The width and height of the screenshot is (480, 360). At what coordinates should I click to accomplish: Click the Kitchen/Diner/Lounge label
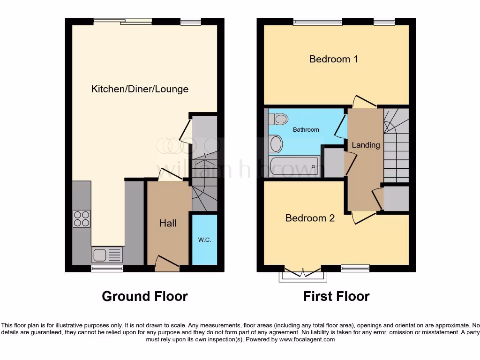coord(140,89)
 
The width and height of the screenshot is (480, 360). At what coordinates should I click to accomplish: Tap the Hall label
coord(168,223)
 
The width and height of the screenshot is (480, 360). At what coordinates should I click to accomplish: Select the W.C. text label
coord(204,240)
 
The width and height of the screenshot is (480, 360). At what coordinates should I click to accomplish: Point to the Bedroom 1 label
coord(333,59)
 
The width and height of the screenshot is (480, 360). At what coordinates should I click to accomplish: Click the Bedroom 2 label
coord(310,218)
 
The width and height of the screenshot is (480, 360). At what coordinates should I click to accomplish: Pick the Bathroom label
coord(306,129)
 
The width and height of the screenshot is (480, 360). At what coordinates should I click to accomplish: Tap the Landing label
coord(366,145)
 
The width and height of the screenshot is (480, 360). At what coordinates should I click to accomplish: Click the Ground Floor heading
coord(145,296)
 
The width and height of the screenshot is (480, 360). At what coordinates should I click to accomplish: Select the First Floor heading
coord(336,296)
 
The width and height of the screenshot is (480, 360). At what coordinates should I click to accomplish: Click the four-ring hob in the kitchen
coord(81,219)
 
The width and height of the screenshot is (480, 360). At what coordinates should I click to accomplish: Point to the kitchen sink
coord(107,255)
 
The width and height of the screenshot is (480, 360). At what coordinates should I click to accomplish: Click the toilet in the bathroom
coord(279,119)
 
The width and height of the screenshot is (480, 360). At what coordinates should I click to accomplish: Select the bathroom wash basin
coord(276,142)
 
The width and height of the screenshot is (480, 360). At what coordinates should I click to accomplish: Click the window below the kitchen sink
coord(107,269)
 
